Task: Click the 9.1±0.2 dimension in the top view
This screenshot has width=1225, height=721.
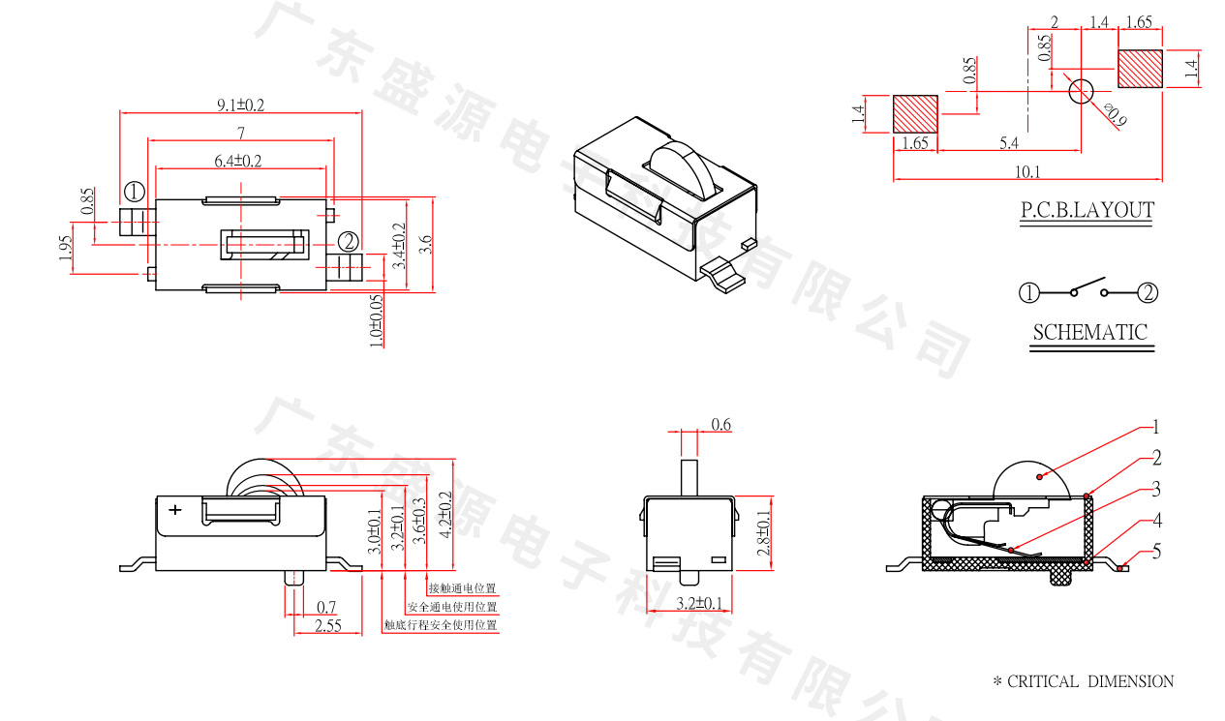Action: point(240,105)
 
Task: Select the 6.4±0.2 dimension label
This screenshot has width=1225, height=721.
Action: point(238,160)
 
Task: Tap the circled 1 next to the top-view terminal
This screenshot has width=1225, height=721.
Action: point(134,191)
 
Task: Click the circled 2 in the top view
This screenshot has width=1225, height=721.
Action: point(349,241)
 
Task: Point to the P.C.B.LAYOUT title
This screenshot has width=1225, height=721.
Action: point(1087,210)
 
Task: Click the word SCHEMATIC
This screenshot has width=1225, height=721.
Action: point(1089,332)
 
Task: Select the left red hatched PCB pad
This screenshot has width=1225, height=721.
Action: point(915,113)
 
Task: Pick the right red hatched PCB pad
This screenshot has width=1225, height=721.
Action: point(1140,68)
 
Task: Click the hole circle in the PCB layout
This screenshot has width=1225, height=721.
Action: point(1080,91)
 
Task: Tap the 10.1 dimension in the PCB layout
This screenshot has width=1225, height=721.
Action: point(1027,172)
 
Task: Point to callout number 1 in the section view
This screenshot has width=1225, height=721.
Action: point(1154,427)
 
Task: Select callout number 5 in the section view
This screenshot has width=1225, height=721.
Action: point(1155,553)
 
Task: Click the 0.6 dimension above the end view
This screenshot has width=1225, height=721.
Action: point(720,424)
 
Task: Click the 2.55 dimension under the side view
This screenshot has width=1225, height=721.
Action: point(328,626)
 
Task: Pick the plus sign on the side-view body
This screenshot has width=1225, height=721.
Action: point(174,509)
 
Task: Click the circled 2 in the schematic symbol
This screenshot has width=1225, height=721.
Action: point(1148,292)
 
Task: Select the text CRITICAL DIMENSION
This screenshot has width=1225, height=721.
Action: point(1089,681)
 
